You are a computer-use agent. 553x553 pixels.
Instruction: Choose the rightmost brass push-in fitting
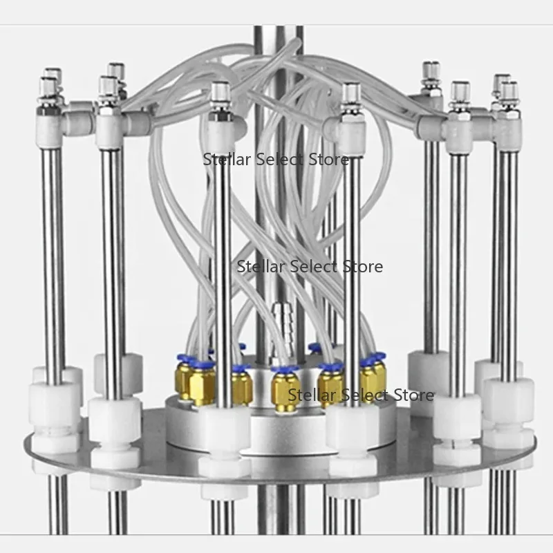click(373, 375)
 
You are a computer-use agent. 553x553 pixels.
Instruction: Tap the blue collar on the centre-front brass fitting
click(285, 370)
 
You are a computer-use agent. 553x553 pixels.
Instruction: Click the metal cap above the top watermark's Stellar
click(220, 96)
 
